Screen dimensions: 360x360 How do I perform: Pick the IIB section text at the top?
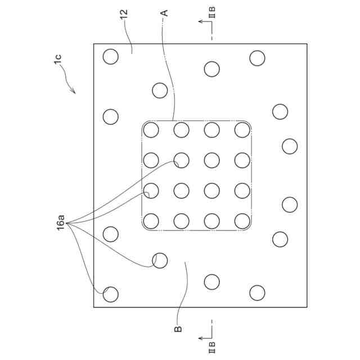coord(212,10)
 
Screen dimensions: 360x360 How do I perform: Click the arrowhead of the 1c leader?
coord(74,92)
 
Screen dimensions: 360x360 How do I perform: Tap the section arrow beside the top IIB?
coord(201,21)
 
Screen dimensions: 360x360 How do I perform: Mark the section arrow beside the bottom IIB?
coord(201,338)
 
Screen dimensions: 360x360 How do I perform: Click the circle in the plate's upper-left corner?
coord(110,56)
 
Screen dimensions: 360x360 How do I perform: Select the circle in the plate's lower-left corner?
coord(110,293)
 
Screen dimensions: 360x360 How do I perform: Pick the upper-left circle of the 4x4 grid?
coord(151,130)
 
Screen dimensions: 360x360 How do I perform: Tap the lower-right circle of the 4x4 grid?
coord(242,221)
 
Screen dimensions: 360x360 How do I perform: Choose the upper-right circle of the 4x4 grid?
coord(242,130)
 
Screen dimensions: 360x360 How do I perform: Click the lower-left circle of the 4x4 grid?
coord(151,221)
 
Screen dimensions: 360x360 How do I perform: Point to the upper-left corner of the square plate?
coord(93,43)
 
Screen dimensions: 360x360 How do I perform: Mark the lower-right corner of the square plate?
coord(307,307)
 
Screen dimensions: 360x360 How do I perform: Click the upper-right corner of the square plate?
coord(307,43)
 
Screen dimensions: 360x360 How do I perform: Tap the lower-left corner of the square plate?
coord(93,307)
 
